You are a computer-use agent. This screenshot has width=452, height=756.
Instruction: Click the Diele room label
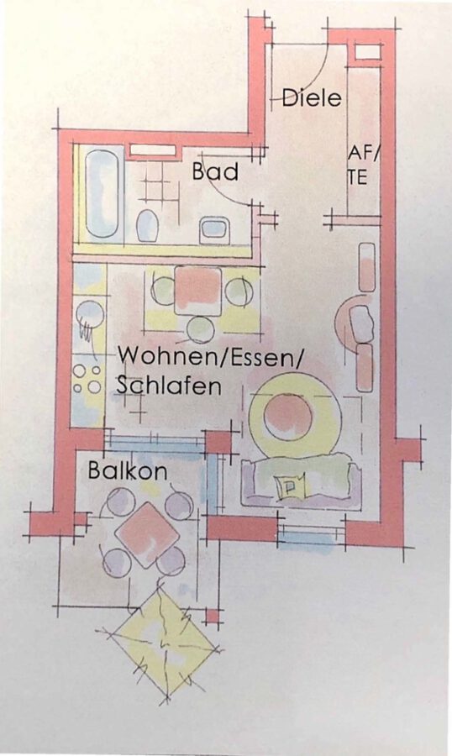click(312, 97)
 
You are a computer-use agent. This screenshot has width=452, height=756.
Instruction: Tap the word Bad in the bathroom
click(215, 171)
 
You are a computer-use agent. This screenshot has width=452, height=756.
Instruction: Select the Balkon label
click(128, 470)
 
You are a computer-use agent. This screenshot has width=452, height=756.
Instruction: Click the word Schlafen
click(169, 386)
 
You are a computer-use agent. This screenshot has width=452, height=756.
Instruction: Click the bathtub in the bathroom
click(102, 194)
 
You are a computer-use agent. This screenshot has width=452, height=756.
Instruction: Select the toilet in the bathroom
click(148, 226)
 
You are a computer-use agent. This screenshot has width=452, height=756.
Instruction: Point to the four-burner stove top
click(87, 379)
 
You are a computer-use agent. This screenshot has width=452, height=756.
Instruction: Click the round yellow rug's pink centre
click(286, 416)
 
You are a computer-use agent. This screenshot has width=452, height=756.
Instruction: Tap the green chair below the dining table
click(201, 328)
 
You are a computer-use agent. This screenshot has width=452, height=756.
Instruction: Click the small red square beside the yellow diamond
click(213, 617)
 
